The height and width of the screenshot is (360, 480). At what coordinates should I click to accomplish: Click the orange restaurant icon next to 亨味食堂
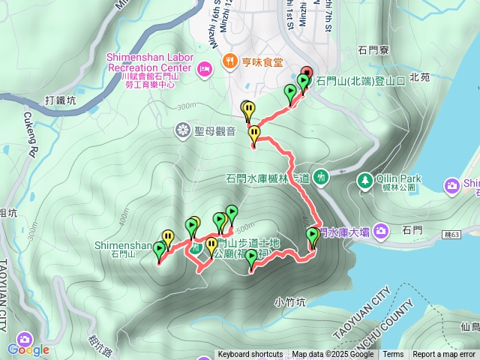click(x=229, y=64)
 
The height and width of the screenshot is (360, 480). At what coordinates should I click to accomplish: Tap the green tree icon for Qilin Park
click(x=364, y=180)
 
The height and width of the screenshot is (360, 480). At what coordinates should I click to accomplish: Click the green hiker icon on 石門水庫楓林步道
click(x=321, y=177)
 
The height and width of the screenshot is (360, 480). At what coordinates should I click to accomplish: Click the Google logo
click(x=28, y=349)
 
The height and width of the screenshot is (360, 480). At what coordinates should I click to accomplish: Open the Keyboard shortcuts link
click(x=250, y=355)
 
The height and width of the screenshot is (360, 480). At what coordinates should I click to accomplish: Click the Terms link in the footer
click(x=393, y=355)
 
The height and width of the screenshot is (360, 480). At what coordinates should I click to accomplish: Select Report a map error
click(x=444, y=355)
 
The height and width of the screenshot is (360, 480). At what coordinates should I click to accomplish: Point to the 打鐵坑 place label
click(x=60, y=100)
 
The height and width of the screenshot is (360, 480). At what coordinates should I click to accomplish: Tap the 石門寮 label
click(x=373, y=51)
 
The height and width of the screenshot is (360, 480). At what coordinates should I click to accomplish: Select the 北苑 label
click(x=420, y=76)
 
